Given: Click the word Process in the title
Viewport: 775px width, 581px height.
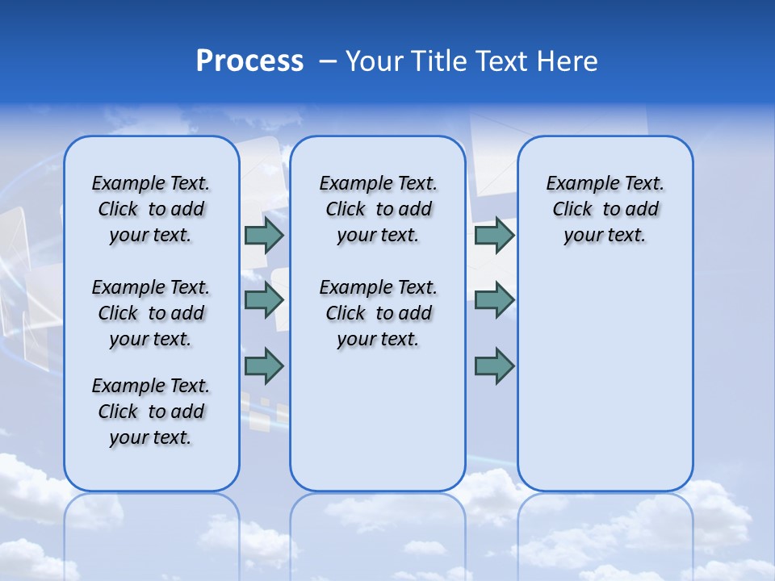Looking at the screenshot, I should coord(249,61).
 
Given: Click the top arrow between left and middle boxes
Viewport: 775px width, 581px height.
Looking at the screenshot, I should coord(264,235).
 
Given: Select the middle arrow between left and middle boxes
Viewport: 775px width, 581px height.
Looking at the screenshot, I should coord(264,300).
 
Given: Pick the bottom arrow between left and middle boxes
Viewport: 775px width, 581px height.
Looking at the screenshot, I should coord(264,366).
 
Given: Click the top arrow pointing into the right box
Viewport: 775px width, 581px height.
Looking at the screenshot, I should coord(494,235).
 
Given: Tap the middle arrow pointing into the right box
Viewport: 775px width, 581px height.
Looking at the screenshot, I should coord(494,300).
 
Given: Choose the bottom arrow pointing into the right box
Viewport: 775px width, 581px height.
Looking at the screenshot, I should coord(494,366).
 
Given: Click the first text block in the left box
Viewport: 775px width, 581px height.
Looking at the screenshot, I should coord(151,209).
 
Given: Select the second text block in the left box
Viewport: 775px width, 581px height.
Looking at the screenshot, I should coord(151,313).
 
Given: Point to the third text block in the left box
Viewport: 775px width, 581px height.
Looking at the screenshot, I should coord(151,412).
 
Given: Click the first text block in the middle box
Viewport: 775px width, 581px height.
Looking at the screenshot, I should coord(378,209).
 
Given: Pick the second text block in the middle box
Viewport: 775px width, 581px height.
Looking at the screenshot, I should coord(378,313).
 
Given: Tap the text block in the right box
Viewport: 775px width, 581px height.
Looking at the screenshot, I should coord(605,209).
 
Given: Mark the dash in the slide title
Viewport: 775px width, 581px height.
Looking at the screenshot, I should coord(328,61).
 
